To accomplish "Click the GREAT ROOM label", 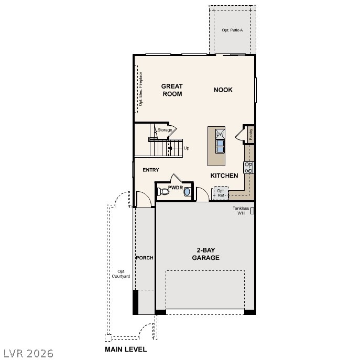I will point(171,90).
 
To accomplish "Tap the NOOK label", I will point(223,90).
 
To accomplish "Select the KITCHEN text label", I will point(224,176).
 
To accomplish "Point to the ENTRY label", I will point(151,170).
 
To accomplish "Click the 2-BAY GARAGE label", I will point(205,254).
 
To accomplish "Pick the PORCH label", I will point(145,258).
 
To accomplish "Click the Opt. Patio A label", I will point(232,30).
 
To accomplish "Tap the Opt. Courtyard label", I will point(121,274).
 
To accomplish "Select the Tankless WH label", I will point(241,211).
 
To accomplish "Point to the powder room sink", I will point(187,192).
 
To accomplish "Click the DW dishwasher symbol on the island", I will point(220,135).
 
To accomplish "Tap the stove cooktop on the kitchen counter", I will point(249,168).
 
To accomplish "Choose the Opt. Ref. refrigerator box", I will point(221,193).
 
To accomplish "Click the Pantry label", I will point(251,134).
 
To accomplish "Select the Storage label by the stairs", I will point(165,130).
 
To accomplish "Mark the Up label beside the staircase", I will point(186,148).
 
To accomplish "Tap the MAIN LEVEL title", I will point(126,349).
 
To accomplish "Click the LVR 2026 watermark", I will point(28,353).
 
